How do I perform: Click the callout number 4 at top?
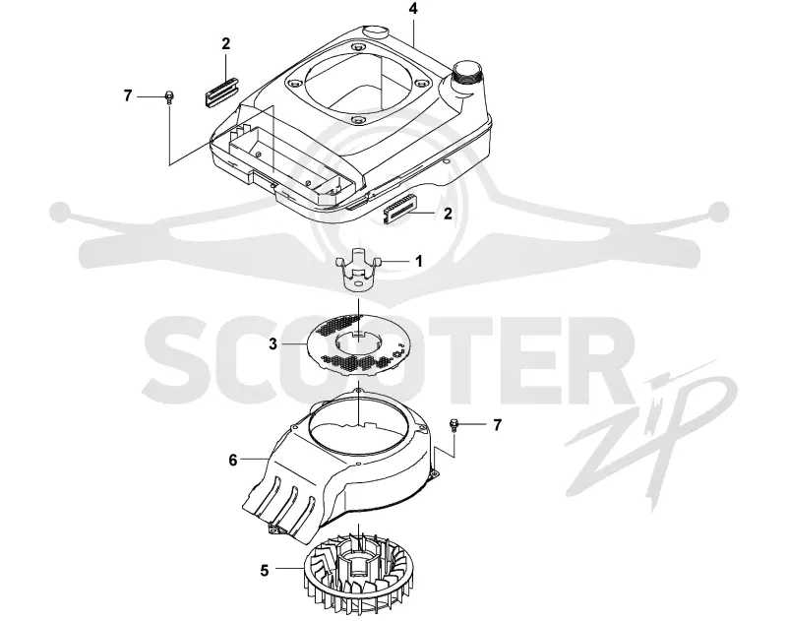[x=413, y=9]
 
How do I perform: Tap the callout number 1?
[x=419, y=261]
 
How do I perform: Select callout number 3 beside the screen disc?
[x=273, y=344]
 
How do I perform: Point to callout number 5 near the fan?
[x=265, y=570]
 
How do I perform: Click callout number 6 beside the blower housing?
[x=233, y=460]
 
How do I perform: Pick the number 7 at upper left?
[x=128, y=95]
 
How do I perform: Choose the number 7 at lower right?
[x=497, y=425]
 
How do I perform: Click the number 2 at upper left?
[x=226, y=43]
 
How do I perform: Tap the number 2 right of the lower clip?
[x=448, y=214]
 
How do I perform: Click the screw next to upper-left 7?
[x=169, y=96]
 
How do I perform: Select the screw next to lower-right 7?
[x=454, y=426]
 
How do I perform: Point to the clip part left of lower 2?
[x=399, y=210]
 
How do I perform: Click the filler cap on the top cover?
[x=467, y=74]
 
